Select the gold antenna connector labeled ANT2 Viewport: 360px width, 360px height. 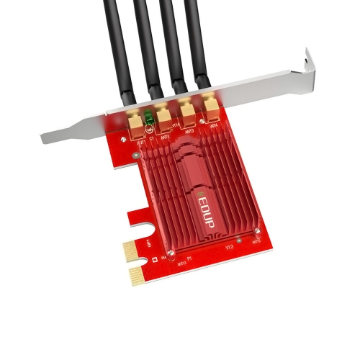click(162, 115)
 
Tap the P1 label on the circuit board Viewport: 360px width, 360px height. click(189, 257)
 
